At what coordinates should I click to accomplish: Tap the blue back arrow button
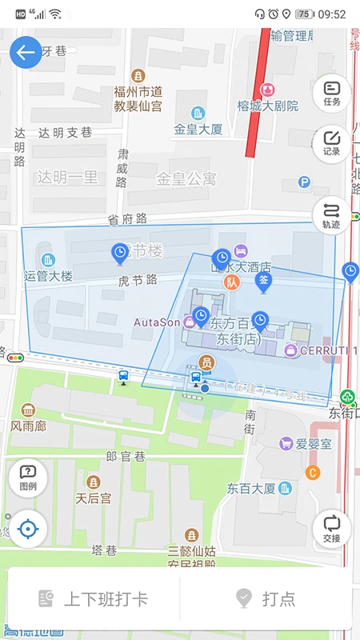tap(26, 53)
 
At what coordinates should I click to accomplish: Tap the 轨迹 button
tap(332, 215)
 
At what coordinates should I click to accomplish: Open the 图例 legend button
tap(27, 477)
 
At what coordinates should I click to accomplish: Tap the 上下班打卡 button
tap(94, 598)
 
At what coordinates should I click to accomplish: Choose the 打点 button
tap(266, 598)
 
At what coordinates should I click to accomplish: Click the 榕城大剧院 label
tap(267, 106)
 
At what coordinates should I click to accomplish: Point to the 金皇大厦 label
tap(198, 128)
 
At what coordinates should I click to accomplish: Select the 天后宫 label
tap(94, 498)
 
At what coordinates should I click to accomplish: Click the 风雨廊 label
tap(28, 426)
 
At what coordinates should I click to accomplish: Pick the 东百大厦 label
tap(251, 487)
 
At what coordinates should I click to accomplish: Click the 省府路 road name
tap(128, 219)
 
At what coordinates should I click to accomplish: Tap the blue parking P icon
tap(304, 182)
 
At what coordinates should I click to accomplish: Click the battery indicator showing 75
tap(305, 14)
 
